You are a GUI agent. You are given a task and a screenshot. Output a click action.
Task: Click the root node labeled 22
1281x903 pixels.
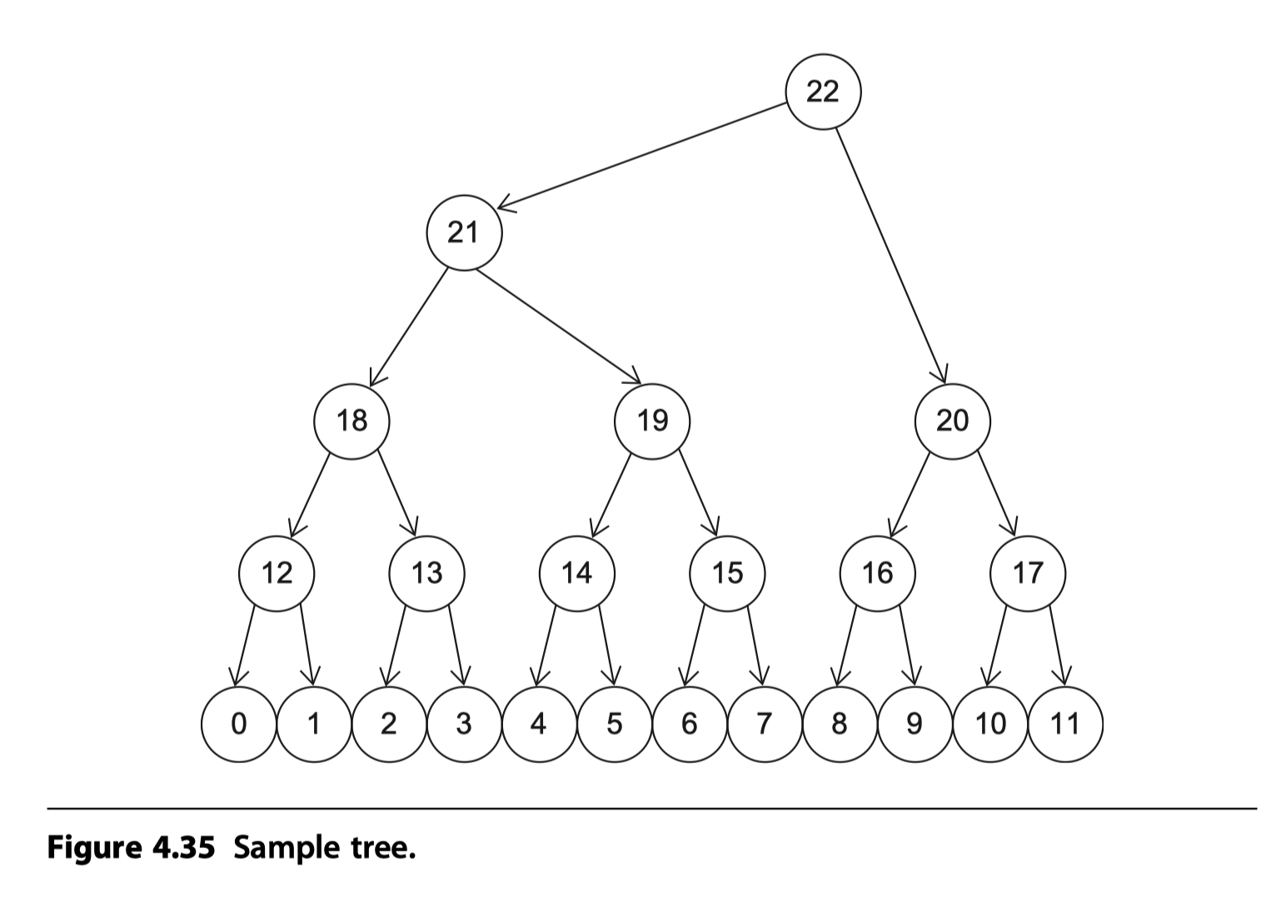823,92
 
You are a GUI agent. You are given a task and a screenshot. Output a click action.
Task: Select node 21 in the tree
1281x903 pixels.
464,232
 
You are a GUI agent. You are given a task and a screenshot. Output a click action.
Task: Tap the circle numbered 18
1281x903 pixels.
351,421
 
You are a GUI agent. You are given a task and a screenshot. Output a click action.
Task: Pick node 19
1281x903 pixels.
652,421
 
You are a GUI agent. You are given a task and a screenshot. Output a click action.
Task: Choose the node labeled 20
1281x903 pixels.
952,421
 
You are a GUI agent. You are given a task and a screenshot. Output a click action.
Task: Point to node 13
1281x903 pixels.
426,573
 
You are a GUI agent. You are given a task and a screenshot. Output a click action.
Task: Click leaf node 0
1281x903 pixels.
238,724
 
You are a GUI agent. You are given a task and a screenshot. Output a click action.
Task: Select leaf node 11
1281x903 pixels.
1065,724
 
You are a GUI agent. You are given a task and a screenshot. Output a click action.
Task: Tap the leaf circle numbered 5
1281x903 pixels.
614,724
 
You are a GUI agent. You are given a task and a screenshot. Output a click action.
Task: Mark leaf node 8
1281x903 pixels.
839,724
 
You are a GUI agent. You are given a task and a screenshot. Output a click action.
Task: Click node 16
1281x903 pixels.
877,573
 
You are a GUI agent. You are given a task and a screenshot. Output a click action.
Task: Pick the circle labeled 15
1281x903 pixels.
727,573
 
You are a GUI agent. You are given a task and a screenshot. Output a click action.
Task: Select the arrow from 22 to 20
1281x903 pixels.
891,255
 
